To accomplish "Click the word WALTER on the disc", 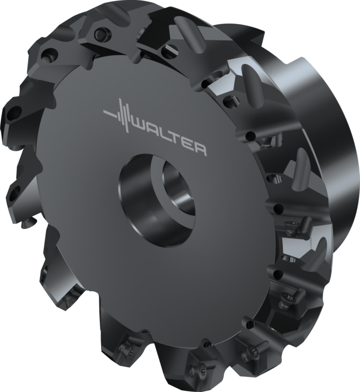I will tap(169, 136).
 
